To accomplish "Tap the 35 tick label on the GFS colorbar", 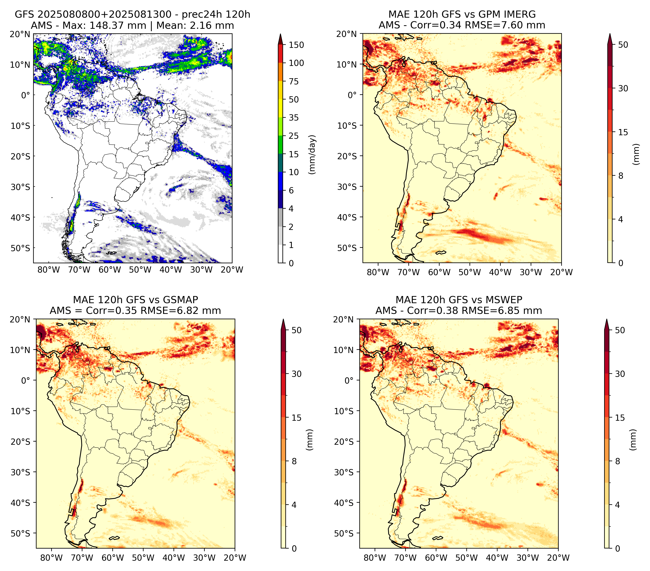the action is (x=294, y=118).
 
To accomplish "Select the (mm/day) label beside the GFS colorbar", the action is (x=313, y=154).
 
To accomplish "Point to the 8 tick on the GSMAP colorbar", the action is (x=294, y=461).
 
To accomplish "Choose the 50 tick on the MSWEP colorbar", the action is (x=620, y=330).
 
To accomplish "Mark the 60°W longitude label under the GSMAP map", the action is (x=113, y=558).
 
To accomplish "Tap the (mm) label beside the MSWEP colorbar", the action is (x=634, y=440).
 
